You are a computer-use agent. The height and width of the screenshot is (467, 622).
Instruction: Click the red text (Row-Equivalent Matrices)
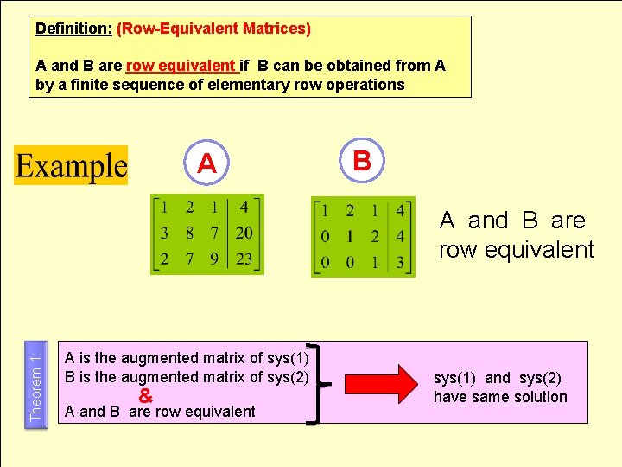[213, 29]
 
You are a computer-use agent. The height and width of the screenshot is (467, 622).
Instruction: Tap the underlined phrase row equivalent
[181, 66]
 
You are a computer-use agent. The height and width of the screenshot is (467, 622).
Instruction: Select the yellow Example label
[71, 165]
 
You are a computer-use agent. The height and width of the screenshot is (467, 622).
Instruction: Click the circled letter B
[362, 160]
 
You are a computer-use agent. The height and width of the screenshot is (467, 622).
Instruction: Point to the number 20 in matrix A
[244, 233]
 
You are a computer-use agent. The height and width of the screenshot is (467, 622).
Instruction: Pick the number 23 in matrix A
[244, 258]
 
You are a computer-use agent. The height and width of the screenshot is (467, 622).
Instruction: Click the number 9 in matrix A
[213, 258]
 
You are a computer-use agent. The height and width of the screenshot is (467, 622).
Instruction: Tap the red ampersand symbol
[146, 396]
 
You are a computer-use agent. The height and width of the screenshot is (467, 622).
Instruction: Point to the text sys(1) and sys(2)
[497, 378]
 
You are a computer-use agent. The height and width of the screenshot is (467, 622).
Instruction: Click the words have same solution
[500, 397]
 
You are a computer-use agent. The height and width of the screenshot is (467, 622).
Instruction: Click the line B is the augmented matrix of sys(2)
[187, 377]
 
